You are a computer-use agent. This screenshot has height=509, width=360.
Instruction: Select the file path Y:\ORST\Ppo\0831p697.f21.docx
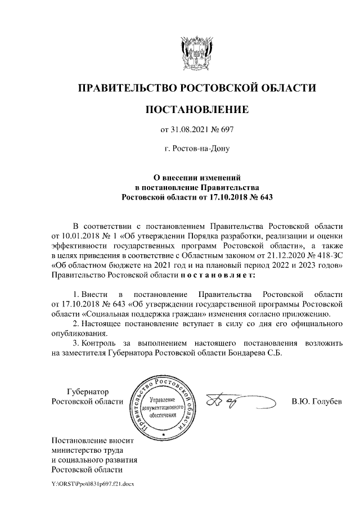click(93, 483)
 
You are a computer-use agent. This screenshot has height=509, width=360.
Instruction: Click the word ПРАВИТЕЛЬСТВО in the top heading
click(127, 88)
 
